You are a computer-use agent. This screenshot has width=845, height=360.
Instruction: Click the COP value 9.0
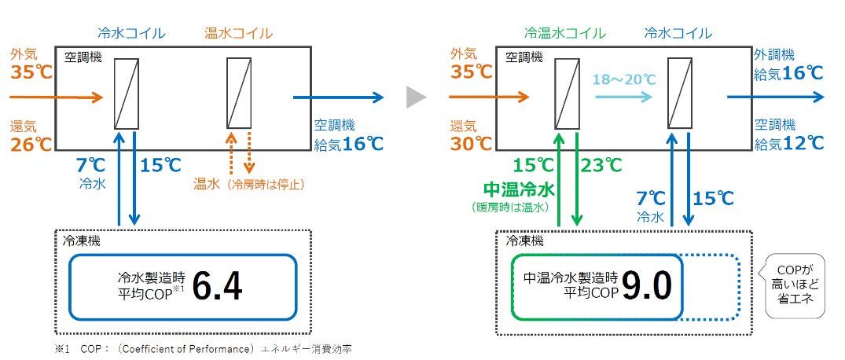click(x=647, y=288)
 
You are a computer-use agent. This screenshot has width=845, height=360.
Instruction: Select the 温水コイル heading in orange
click(x=238, y=33)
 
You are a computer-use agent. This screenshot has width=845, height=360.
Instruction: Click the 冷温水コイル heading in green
click(x=565, y=33)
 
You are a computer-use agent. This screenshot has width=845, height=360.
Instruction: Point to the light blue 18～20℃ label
click(x=624, y=79)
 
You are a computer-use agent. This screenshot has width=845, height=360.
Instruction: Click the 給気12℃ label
click(x=788, y=143)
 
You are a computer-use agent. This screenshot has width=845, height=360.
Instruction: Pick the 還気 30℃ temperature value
click(x=472, y=143)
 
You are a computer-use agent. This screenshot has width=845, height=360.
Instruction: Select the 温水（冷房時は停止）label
click(x=248, y=185)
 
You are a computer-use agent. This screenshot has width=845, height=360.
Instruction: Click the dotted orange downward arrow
click(x=249, y=152)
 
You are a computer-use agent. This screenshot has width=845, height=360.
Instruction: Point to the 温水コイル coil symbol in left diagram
click(x=239, y=93)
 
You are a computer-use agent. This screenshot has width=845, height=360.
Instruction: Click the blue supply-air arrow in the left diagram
click(x=338, y=97)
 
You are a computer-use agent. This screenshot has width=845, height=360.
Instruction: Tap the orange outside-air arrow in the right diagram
click(x=488, y=97)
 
